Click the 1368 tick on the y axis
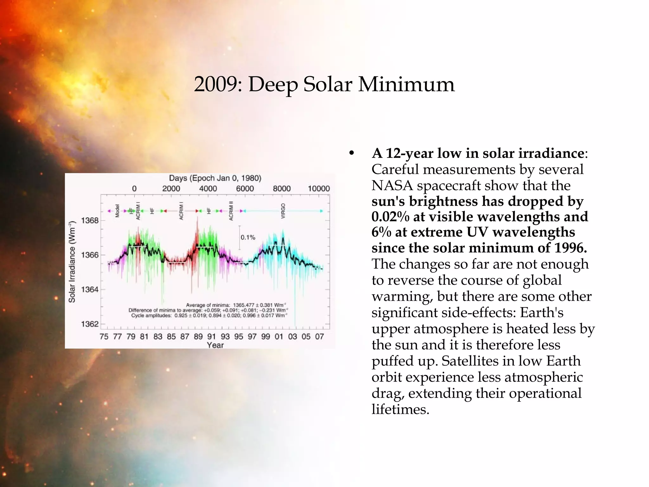[x=90, y=220]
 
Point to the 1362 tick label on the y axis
[x=90, y=324]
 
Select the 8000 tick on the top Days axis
[x=282, y=189]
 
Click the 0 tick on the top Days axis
[x=134, y=189]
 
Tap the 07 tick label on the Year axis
[x=319, y=336]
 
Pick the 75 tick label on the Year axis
[x=104, y=336]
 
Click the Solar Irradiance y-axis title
[x=72, y=261]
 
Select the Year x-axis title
[x=215, y=345]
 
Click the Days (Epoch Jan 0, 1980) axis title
[x=215, y=178]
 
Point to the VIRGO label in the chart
[x=283, y=211]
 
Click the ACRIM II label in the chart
[x=231, y=211]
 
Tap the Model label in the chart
[x=117, y=211]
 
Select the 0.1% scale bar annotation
[x=247, y=237]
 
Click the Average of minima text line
[x=236, y=305]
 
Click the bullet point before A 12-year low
[x=351, y=153]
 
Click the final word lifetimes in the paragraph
[x=400, y=409]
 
